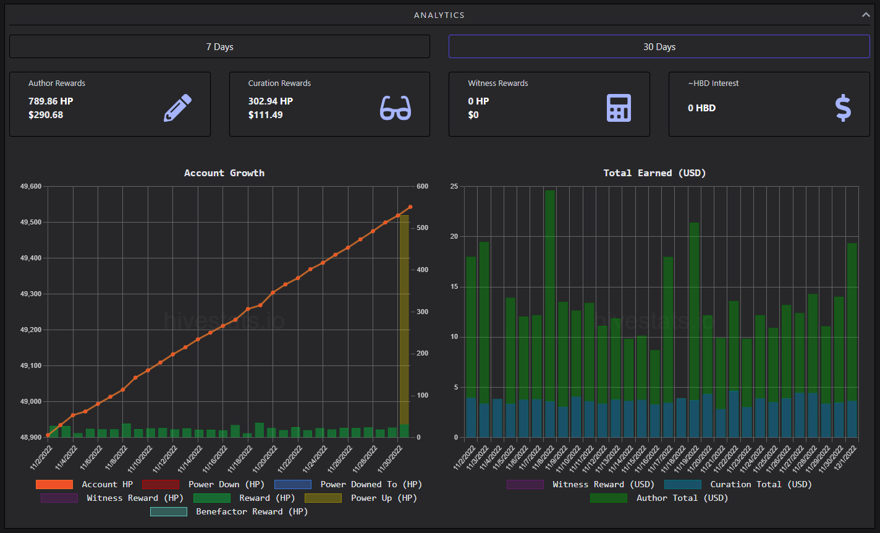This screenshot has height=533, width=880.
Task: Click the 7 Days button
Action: [x=219, y=47]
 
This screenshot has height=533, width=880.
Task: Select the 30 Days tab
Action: [x=659, y=47]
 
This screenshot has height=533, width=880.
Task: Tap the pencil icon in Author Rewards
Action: [x=177, y=108]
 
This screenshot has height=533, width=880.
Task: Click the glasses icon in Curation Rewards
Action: [x=396, y=108]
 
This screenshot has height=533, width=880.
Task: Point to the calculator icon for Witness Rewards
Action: [x=619, y=108]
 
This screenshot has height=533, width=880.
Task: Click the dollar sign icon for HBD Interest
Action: [x=843, y=108]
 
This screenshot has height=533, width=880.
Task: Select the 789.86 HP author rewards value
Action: [x=51, y=101]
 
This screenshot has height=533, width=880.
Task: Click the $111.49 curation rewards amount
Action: [x=265, y=115]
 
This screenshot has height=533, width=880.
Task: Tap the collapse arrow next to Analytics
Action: [x=866, y=15]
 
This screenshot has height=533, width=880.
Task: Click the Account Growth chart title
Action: [x=224, y=173]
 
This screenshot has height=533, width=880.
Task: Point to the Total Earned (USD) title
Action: [x=654, y=173]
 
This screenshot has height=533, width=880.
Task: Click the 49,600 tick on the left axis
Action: [x=31, y=186]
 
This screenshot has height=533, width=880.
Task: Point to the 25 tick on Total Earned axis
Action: [x=454, y=186]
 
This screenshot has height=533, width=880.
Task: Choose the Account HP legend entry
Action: [x=85, y=484]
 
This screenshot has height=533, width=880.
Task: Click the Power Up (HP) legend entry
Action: [x=361, y=498]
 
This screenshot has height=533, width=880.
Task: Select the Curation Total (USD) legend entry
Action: [x=738, y=484]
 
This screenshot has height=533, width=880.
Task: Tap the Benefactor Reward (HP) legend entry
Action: [x=229, y=511]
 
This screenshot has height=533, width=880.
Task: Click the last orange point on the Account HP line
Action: [x=410, y=207]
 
